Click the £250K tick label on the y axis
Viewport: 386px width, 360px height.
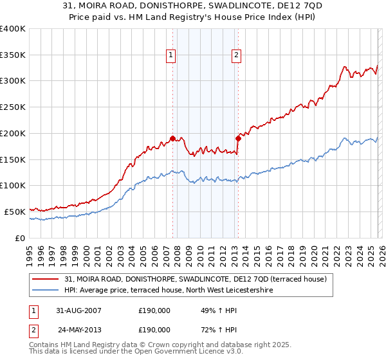13,107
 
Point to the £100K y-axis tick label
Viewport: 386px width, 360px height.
13,185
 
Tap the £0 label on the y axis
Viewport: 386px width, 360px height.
20,238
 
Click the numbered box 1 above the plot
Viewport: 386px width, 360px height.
171,56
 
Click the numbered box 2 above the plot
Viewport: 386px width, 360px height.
236,56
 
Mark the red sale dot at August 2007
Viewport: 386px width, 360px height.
173,138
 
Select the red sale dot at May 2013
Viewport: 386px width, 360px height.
238,138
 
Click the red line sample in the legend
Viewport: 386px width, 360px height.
46,280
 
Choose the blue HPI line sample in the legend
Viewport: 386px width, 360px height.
46,291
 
